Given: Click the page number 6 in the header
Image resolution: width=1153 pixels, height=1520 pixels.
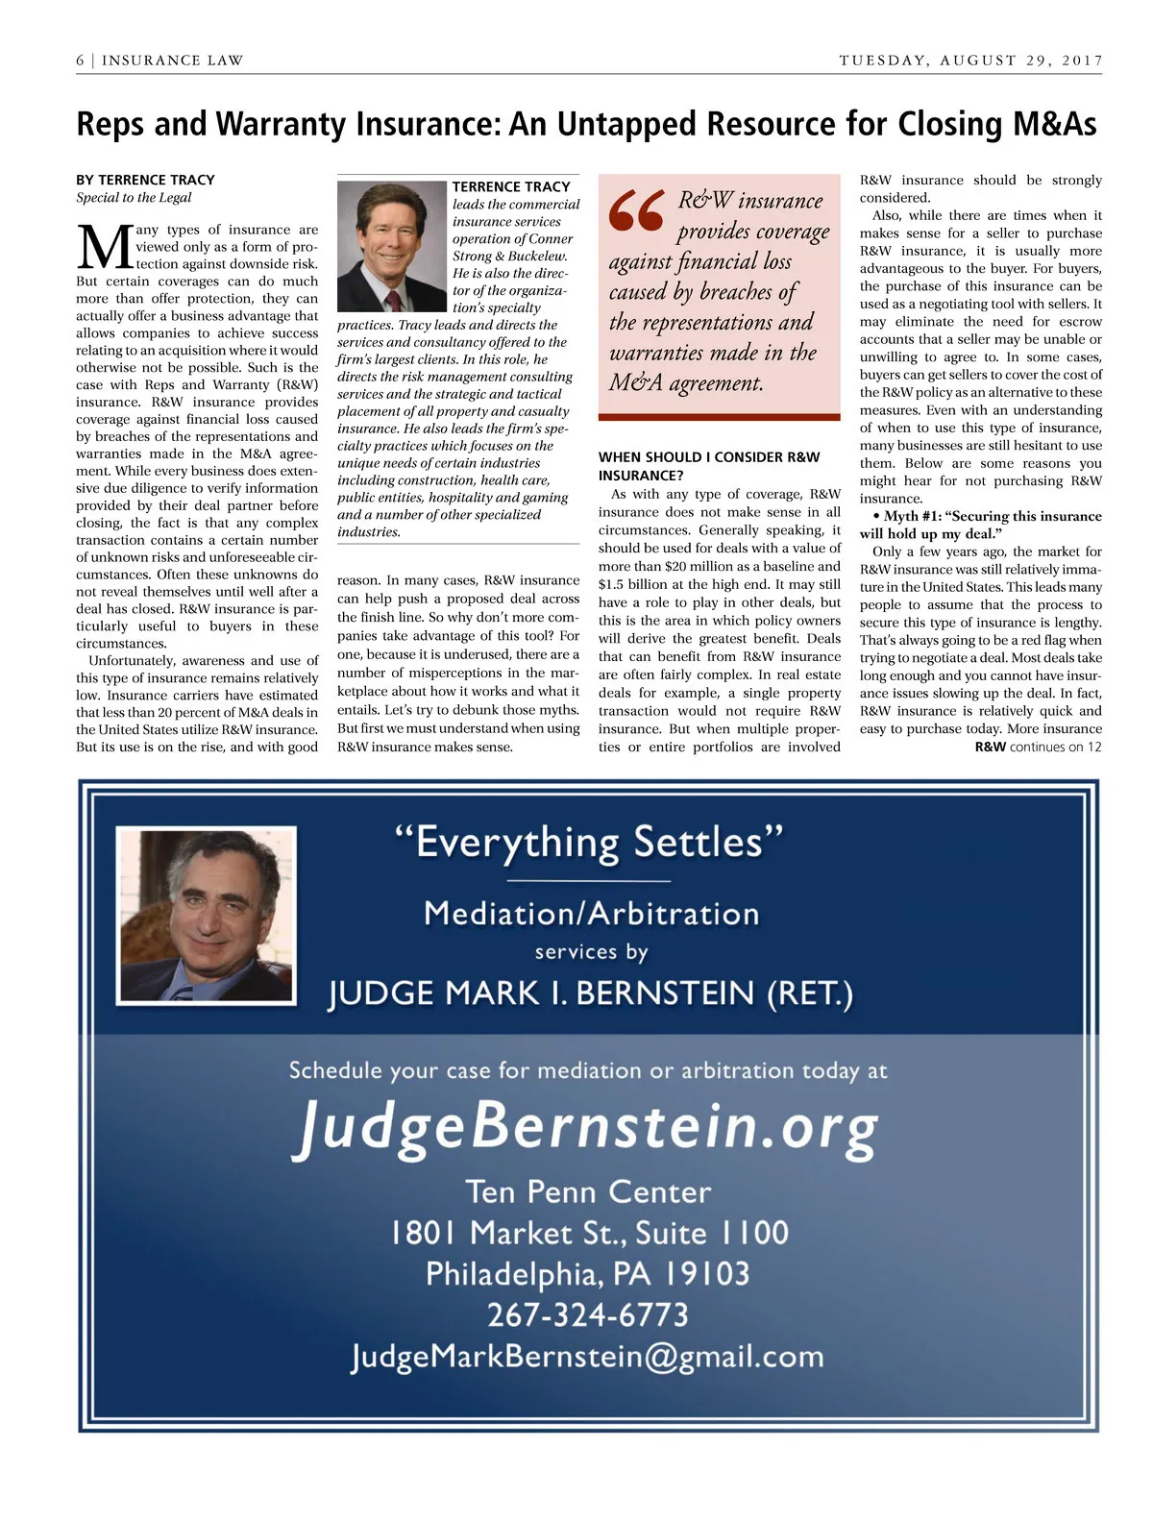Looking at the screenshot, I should pos(81,61).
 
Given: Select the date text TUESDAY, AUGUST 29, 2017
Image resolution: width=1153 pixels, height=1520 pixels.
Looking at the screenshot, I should pos(970,61).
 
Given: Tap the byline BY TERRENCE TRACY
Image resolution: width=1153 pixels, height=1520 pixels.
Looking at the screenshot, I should pos(145,180).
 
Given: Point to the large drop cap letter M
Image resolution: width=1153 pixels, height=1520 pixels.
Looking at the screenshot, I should pos(103,249).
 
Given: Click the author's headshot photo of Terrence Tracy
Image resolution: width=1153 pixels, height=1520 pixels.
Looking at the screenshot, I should pos(393,247).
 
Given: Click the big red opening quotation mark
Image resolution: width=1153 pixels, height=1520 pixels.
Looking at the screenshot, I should pos(636,211).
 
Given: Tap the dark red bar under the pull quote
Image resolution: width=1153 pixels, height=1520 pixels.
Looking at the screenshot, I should pos(719,417).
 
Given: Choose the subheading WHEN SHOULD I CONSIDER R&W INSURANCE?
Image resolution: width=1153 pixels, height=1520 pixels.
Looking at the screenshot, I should pos(709,466).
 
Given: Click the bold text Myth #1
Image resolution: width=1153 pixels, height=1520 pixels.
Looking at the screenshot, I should pos(912,516).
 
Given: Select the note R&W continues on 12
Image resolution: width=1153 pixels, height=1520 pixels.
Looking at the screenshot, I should pos(1038,747).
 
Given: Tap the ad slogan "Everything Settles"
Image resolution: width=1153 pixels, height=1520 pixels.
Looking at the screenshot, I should pos(589,843).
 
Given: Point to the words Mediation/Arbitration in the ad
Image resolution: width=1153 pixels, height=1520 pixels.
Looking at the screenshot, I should pos(591,913).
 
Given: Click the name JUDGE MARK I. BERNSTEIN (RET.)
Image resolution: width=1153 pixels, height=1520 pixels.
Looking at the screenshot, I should pos(590,993).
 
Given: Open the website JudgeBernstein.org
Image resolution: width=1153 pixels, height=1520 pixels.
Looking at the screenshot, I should pos(585,1126).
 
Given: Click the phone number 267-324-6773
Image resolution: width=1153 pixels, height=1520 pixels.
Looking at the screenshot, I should pos(588,1313).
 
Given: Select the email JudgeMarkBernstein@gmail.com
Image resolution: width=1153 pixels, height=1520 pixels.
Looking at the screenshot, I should pos(587,1356).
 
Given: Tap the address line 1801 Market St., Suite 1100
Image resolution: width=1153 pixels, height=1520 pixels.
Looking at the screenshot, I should pos(589,1233).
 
